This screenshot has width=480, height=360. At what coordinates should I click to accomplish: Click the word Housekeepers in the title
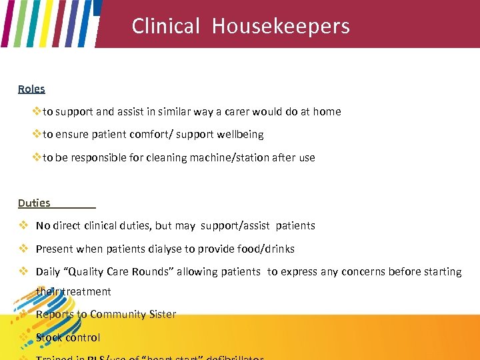pyautogui.click(x=281, y=26)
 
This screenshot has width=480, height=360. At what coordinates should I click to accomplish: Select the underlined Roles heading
pyautogui.click(x=31, y=89)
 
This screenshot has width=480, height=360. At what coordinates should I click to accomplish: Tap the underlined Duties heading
pyautogui.click(x=34, y=203)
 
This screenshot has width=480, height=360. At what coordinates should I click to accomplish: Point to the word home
pyautogui.click(x=327, y=112)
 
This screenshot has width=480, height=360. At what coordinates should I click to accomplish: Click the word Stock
pyautogui.click(x=49, y=337)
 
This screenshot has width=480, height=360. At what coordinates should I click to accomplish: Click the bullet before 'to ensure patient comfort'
pyautogui.click(x=37, y=135)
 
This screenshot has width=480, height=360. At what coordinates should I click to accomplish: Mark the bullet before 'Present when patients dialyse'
pyautogui.click(x=23, y=249)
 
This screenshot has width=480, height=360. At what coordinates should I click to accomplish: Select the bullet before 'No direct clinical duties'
pyautogui.click(x=23, y=225)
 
